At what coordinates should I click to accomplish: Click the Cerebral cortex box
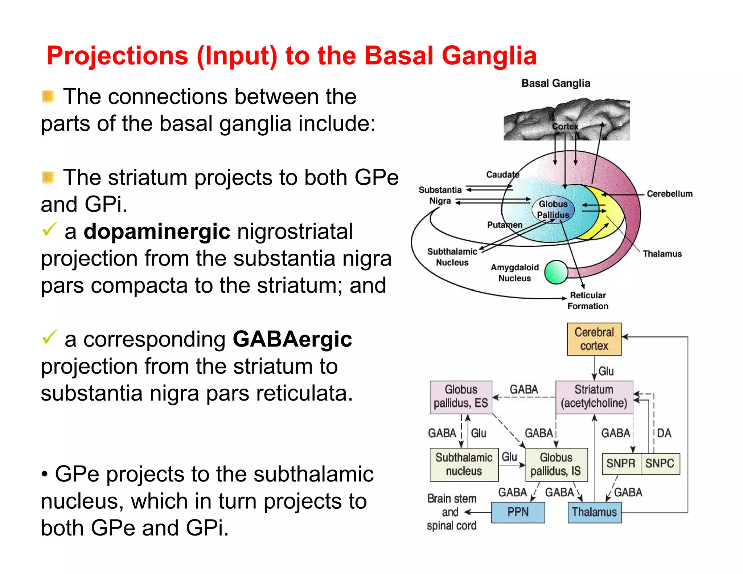click(x=594, y=339)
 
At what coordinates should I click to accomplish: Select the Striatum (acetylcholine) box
click(x=594, y=397)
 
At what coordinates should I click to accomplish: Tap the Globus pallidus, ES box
click(x=461, y=397)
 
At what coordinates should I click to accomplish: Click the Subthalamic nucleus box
click(x=464, y=464)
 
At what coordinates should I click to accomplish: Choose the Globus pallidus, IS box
click(x=556, y=464)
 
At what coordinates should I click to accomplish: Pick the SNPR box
click(x=621, y=464)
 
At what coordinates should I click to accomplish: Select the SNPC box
click(x=660, y=464)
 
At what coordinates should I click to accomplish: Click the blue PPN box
click(x=518, y=512)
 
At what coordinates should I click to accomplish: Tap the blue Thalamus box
click(x=594, y=512)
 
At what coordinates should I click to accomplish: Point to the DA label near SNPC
click(x=664, y=433)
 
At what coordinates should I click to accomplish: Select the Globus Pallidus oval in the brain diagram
click(x=553, y=209)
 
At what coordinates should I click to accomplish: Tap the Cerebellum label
click(x=669, y=194)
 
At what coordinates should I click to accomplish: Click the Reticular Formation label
click(x=588, y=300)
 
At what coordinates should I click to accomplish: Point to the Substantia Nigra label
click(x=440, y=195)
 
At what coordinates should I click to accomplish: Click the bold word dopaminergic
click(x=157, y=231)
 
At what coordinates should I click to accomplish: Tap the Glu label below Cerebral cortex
click(x=606, y=371)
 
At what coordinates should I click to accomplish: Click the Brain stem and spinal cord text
click(x=451, y=512)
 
